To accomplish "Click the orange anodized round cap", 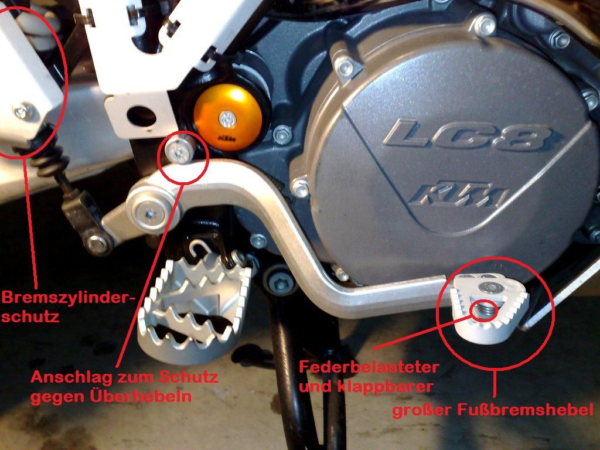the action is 229,118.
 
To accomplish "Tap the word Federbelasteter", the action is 369,367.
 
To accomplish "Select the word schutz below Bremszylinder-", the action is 30,317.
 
